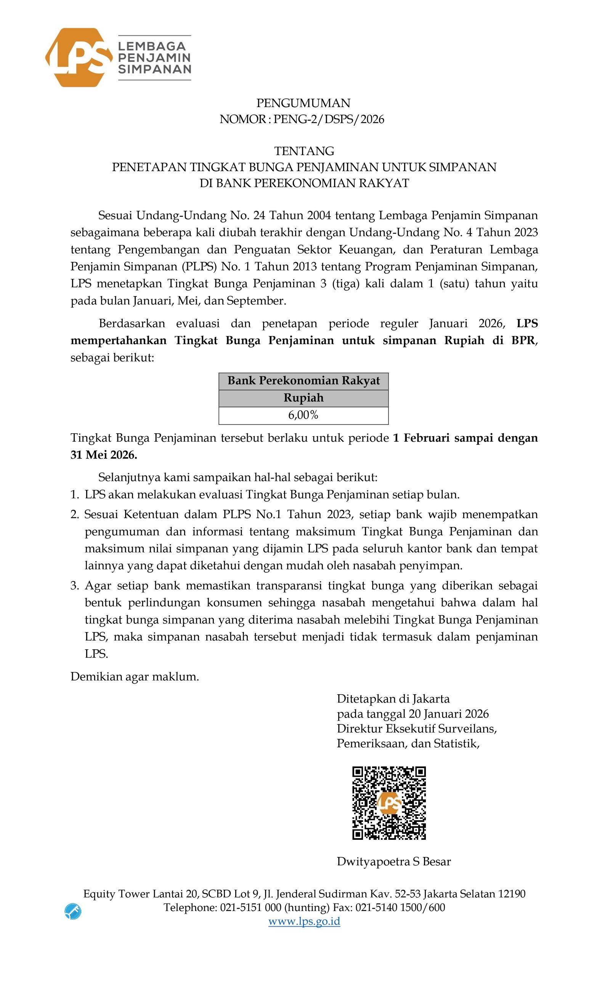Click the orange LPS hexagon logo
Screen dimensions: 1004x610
point(78,58)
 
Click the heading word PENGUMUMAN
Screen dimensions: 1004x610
point(303,103)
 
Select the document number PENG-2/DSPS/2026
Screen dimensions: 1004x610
point(329,119)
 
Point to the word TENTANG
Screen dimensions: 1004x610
point(304,151)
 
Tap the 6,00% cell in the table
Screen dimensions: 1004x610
point(303,415)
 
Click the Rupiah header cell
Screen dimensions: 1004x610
point(303,398)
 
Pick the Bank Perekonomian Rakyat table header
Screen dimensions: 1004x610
point(303,381)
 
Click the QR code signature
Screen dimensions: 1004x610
point(388,803)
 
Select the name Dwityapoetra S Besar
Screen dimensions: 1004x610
point(393,861)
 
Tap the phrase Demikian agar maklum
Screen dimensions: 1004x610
point(135,676)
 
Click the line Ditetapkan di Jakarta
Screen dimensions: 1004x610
point(393,699)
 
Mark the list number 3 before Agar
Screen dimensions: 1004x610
point(74,586)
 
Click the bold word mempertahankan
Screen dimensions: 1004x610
point(118,341)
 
